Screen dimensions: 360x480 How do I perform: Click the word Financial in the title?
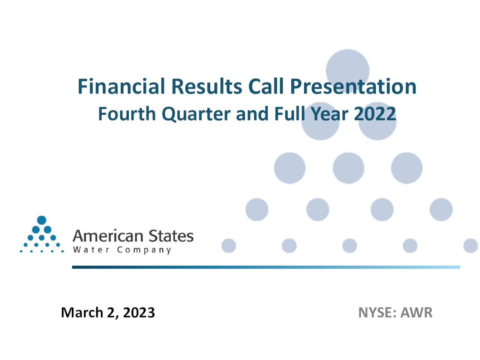[x=121, y=86]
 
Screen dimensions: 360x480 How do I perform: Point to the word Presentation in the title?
[x=353, y=87]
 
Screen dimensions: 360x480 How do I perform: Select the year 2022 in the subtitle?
[x=375, y=114]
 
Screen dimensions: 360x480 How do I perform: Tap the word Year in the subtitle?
[x=330, y=114]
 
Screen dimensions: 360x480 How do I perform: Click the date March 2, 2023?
[x=108, y=312]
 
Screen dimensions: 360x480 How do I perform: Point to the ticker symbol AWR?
[x=416, y=312]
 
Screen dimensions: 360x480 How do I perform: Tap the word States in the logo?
[x=171, y=236]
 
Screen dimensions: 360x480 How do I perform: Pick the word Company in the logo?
[x=144, y=250]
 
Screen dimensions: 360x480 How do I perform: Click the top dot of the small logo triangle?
[x=42, y=220]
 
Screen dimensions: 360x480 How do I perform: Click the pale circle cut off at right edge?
[x=471, y=246]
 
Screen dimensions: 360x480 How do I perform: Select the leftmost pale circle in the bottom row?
[x=229, y=246]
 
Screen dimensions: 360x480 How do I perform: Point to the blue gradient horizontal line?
[x=265, y=267]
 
